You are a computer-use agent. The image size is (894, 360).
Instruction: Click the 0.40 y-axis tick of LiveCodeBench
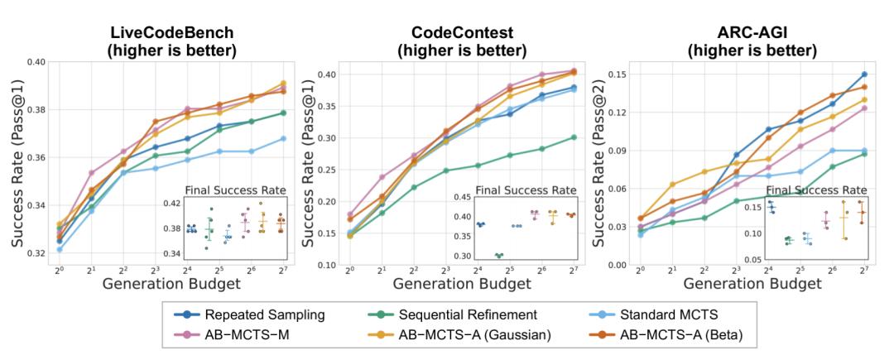(36, 62)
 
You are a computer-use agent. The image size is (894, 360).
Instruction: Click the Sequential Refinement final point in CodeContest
(574, 137)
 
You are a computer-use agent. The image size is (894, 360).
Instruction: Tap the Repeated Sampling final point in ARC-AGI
(864, 74)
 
